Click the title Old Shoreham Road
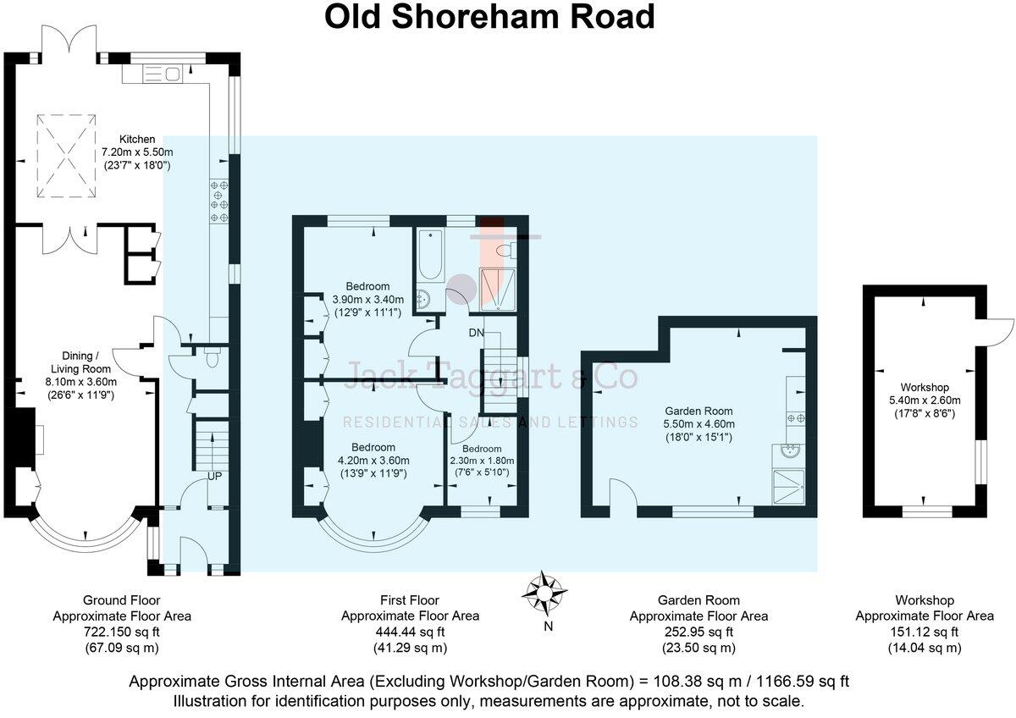pos(490,18)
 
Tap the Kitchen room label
pos(136,139)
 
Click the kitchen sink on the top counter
pos(162,74)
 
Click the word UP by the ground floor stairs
pos(215,477)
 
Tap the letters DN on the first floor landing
pos(477,333)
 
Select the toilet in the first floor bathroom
pos(506,249)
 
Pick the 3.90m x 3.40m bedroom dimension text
pos(367,300)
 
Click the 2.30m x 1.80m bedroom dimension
pos(481,461)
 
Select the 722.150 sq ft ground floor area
pos(122,632)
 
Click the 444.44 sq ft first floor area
pos(410,632)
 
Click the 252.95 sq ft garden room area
pos(698,632)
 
